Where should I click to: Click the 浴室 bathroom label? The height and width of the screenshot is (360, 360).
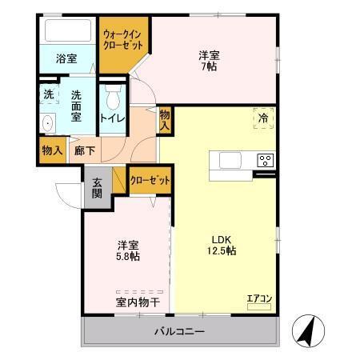(67, 58)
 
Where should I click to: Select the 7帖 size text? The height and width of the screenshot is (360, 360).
(210, 68)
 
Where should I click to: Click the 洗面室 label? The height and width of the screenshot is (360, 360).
(77, 106)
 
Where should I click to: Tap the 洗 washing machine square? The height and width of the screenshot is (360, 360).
(48, 94)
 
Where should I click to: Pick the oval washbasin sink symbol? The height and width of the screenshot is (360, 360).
(47, 123)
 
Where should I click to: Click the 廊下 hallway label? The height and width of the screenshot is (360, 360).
(83, 150)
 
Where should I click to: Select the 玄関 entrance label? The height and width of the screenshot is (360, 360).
(97, 188)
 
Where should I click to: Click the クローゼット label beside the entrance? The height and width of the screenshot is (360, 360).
(150, 181)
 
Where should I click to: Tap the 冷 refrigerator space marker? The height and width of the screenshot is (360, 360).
(263, 118)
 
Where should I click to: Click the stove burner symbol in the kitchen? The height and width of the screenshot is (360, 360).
(264, 160)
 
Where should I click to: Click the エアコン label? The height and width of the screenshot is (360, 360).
(258, 299)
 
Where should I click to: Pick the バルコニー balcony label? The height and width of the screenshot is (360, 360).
(179, 332)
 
